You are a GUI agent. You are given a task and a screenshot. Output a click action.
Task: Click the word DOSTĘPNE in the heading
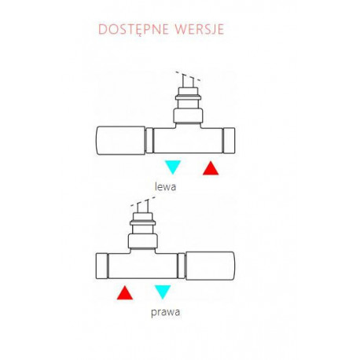[x=134, y=29]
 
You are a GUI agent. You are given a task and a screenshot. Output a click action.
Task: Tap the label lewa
[x=165, y=187]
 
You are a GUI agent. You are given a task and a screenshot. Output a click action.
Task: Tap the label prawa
[x=166, y=312]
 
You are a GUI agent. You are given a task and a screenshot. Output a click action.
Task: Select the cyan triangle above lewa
[x=173, y=167]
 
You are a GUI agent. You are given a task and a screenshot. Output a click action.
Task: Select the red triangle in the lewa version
[x=211, y=169]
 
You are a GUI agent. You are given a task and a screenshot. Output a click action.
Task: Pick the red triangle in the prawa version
[x=125, y=294]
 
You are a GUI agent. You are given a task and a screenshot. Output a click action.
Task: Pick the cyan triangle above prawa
[x=163, y=291]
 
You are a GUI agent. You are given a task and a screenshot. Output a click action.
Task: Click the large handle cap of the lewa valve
[x=120, y=141]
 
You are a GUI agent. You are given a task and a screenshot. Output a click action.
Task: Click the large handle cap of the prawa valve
[x=210, y=266]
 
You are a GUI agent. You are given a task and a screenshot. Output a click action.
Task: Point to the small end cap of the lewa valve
[x=229, y=140]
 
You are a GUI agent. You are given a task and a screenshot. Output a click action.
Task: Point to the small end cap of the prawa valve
[x=102, y=266]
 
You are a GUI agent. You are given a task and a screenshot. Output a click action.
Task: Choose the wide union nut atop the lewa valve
[x=188, y=116]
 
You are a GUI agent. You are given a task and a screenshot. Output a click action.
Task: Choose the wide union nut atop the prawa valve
[x=143, y=241]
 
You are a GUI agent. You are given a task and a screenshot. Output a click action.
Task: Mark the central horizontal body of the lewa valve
[x=188, y=141]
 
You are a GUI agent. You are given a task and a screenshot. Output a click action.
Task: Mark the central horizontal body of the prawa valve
[x=143, y=266]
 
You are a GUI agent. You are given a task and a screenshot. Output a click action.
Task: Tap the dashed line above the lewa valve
[x=188, y=76]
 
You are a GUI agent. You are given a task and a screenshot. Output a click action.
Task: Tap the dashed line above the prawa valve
[x=143, y=201]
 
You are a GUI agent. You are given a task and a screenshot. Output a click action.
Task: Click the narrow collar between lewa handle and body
[x=149, y=140]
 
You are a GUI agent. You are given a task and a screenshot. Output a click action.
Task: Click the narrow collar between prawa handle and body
[x=182, y=266]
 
